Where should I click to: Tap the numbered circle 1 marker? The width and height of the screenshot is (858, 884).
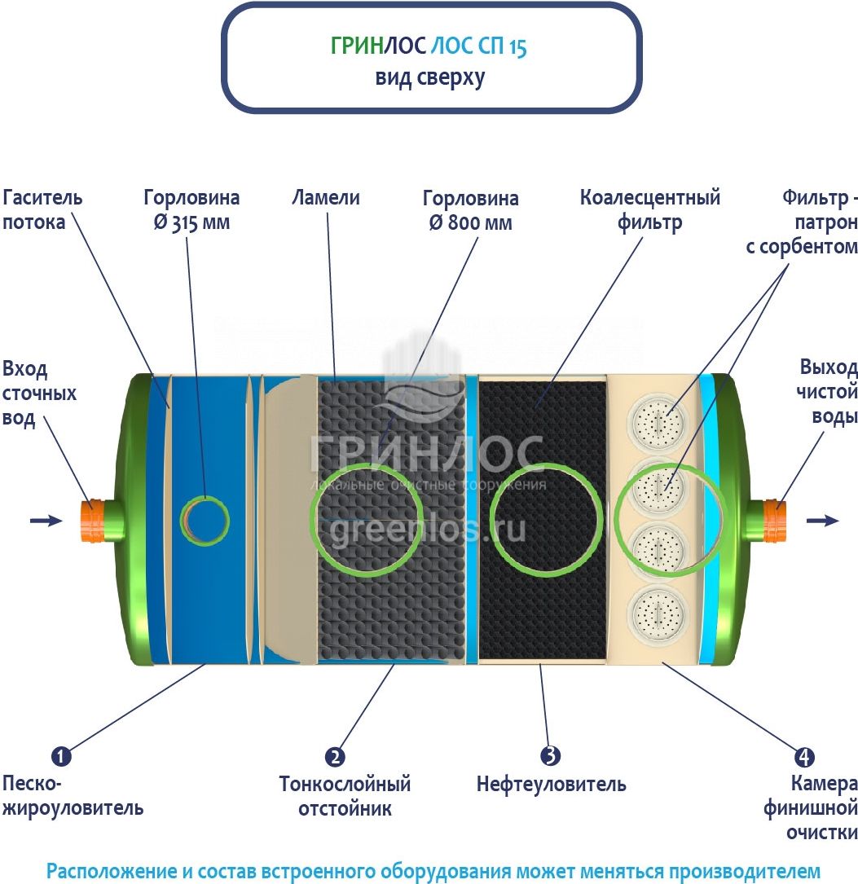pos(61,756)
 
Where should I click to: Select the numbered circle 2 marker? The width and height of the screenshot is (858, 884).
pos(334,756)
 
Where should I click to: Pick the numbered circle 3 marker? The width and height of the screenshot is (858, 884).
pos(551,755)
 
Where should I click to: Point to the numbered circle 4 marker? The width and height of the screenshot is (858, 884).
pos(804,756)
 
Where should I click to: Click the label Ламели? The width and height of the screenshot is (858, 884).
pos(326,198)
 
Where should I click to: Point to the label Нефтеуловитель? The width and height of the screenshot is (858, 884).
pos(552,785)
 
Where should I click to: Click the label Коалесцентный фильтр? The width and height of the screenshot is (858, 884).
pos(650,210)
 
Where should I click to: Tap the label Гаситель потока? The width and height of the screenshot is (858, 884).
pos(42,210)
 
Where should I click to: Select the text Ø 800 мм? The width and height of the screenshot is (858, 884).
pos(470,223)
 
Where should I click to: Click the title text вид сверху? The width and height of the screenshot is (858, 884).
pos(429,78)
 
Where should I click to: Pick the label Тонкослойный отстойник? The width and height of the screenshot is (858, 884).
pos(345,796)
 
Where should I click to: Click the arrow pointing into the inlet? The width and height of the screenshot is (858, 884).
pos(46,521)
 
